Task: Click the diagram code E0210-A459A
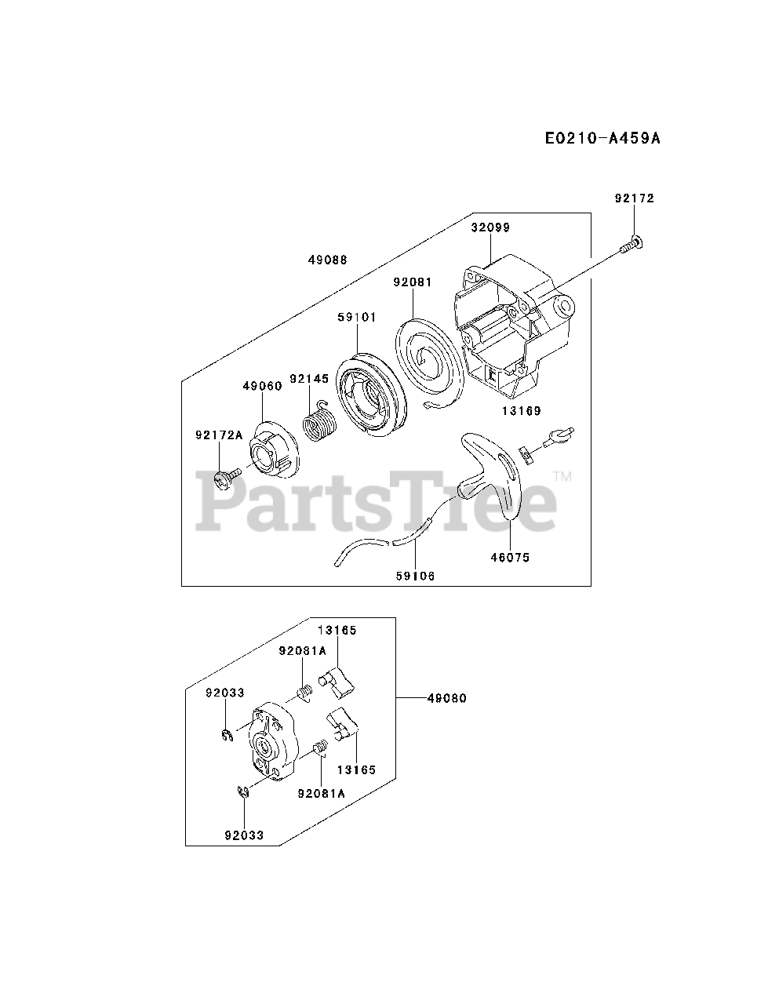point(602,139)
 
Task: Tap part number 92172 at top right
point(634,198)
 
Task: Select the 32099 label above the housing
point(490,227)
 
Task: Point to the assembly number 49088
point(328,260)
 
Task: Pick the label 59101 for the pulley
point(357,317)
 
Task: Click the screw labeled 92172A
point(229,475)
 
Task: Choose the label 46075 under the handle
point(510,558)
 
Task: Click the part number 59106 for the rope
point(415,576)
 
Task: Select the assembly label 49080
point(447,697)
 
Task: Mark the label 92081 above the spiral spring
point(413,282)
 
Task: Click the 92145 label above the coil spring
point(309,378)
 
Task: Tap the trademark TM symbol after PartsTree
point(562,476)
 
